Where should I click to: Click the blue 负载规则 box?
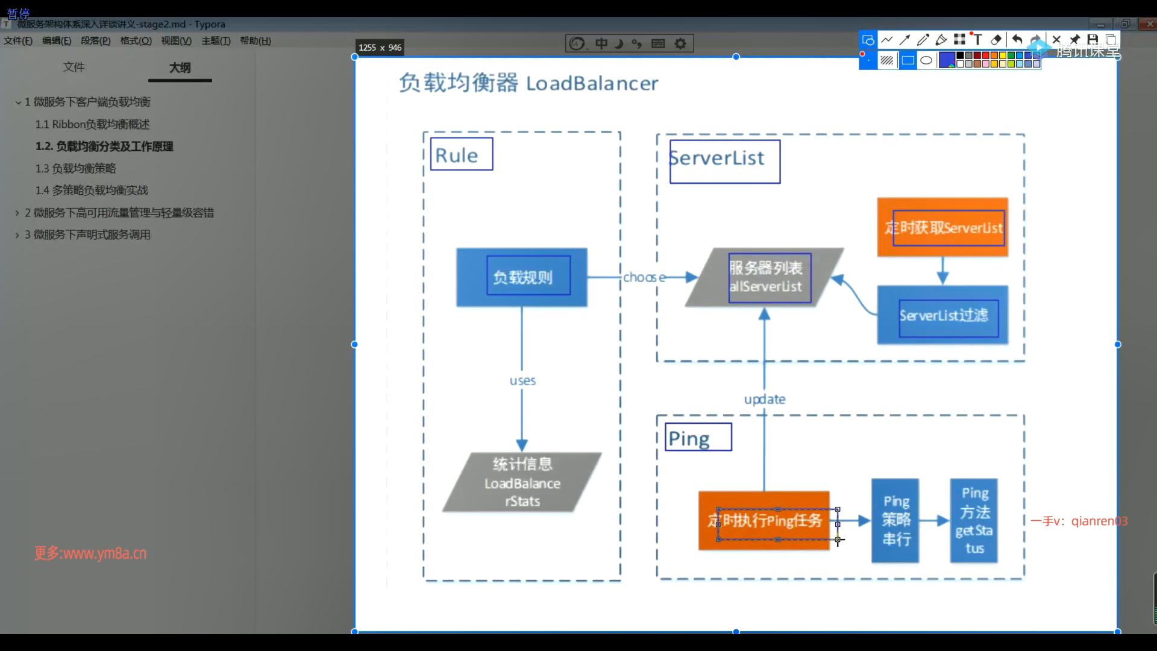pyautogui.click(x=522, y=277)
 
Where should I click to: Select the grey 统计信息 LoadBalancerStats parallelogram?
pyautogui.click(x=522, y=482)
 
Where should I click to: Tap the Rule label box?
pyautogui.click(x=462, y=154)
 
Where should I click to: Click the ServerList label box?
pyautogui.click(x=724, y=161)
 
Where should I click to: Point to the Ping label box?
pyautogui.click(x=698, y=437)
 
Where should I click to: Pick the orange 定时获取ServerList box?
pyautogui.click(x=942, y=227)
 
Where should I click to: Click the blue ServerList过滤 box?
pyautogui.click(x=942, y=315)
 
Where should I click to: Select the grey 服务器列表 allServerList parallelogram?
pyautogui.click(x=765, y=277)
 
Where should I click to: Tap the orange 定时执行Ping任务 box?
pyautogui.click(x=763, y=520)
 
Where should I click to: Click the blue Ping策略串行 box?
pyautogui.click(x=895, y=520)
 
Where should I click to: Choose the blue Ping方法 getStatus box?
pyautogui.click(x=974, y=520)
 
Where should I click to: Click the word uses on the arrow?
pyautogui.click(x=522, y=381)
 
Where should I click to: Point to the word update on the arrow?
pyautogui.click(x=765, y=399)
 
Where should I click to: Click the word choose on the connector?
pyautogui.click(x=644, y=277)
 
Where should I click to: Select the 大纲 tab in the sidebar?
pyautogui.click(x=180, y=68)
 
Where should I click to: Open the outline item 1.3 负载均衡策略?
pyautogui.click(x=75, y=168)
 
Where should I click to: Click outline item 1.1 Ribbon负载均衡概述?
pyautogui.click(x=92, y=124)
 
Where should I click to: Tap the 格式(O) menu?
pyautogui.click(x=136, y=40)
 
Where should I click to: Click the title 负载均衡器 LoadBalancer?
pyautogui.click(x=528, y=83)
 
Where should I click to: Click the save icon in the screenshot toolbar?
pyautogui.click(x=1093, y=40)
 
